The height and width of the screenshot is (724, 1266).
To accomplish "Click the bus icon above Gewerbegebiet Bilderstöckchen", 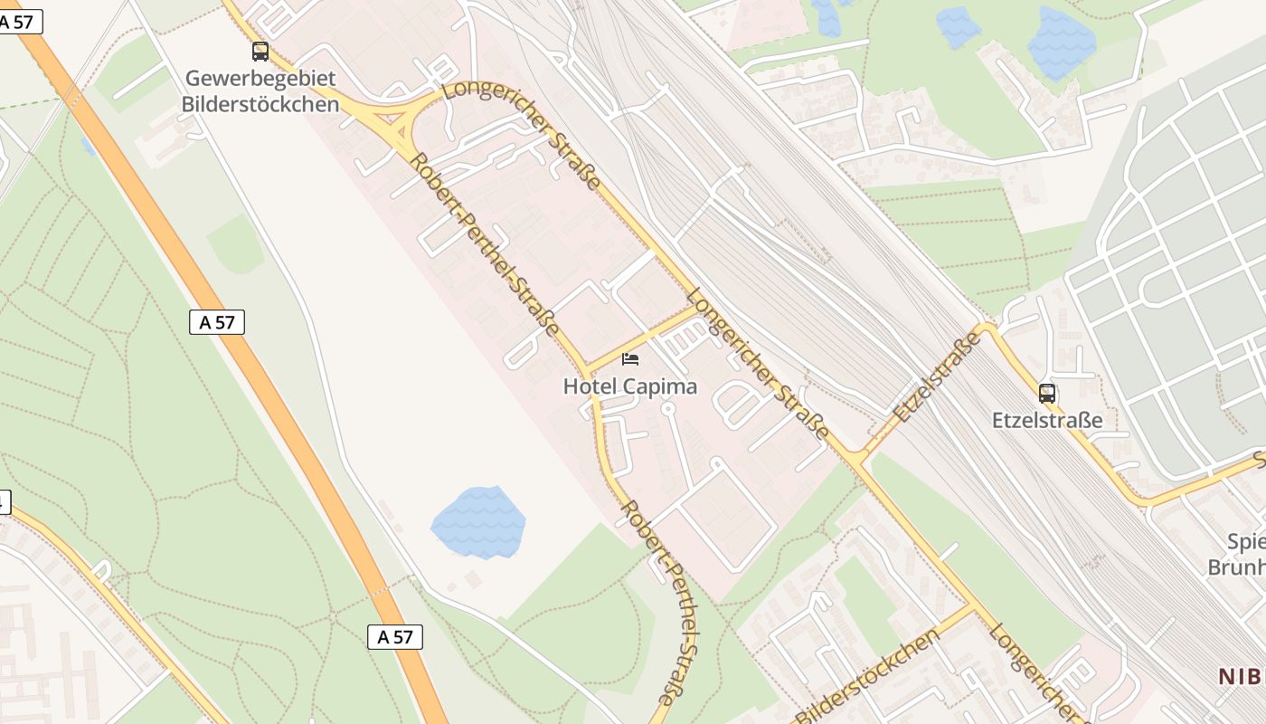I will [260, 52].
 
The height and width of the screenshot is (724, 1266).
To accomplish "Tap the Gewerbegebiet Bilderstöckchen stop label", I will [260, 91].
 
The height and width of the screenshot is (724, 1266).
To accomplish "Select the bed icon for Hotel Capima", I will [630, 359].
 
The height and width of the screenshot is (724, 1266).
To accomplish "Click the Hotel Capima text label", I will [630, 386].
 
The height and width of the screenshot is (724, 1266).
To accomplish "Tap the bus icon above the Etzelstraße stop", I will [1047, 394].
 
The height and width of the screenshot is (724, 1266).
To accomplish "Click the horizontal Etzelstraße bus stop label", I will [1047, 420].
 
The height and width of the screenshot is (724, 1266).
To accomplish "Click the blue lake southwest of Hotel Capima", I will [478, 522].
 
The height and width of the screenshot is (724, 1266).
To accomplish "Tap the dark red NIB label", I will [1241, 675].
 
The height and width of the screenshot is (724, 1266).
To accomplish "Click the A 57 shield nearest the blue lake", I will [395, 637].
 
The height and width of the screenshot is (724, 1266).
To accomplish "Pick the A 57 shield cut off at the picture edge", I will [20, 22].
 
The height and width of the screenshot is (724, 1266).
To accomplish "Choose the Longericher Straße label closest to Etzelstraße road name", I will [758, 364].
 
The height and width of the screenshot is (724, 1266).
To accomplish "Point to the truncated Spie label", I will [1245, 542].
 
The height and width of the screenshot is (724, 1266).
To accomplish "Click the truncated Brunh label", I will [1236, 567].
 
